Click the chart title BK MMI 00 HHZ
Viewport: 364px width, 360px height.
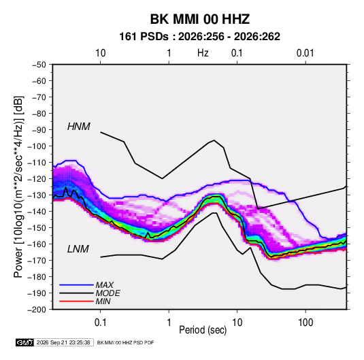tap(200, 19)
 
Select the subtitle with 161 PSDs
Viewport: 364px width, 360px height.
tap(199, 37)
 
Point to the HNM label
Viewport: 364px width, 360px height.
tap(79, 127)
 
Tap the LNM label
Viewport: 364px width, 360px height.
tap(78, 249)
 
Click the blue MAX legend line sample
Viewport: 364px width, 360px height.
tap(76, 284)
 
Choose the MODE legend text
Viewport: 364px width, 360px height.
tap(108, 293)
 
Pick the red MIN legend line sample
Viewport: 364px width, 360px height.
tap(76, 301)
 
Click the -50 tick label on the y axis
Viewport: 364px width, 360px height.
tap(39, 65)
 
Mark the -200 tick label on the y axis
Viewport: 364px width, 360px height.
tap(37, 310)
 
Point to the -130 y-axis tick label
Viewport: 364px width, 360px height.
tap(37, 195)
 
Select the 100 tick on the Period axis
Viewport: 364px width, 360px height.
tap(305, 323)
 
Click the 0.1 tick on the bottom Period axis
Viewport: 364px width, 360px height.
tap(100, 323)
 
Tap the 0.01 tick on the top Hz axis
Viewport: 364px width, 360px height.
tap(305, 53)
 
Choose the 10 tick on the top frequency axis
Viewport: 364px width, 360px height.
tap(101, 53)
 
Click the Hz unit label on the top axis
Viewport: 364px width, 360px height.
tap(203, 53)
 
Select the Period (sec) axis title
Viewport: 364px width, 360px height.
tap(203, 330)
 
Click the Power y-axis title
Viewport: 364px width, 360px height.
tap(18, 186)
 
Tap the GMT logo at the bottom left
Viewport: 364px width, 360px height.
tap(25, 342)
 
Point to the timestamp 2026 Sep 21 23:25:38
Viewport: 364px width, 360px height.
tap(63, 342)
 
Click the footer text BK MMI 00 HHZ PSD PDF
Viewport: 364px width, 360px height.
tap(125, 342)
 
